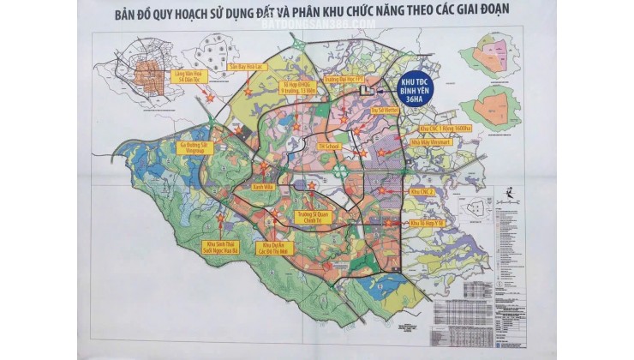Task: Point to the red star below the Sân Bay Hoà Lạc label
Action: click(248, 91)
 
